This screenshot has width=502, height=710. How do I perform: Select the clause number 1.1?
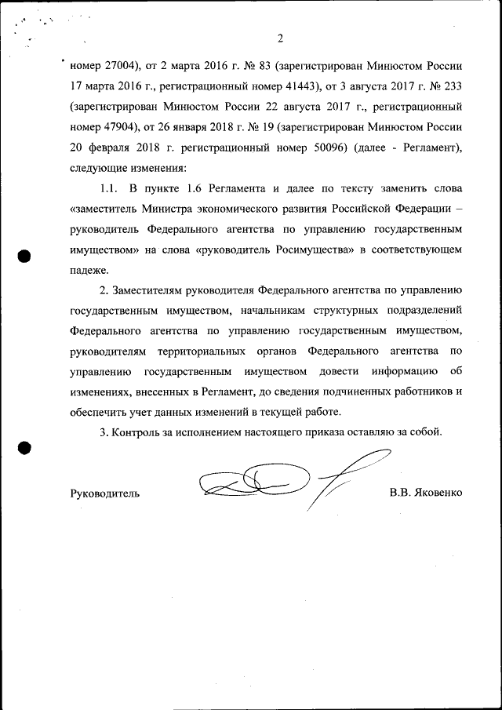coord(108,188)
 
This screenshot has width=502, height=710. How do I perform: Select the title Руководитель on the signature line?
coord(105,493)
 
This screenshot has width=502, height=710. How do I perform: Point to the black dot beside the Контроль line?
coord(24,448)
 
